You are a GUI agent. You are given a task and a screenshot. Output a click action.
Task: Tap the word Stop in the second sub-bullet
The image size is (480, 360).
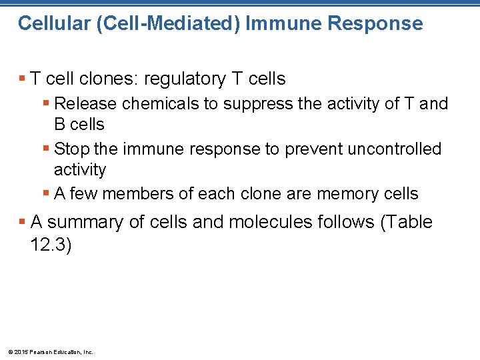pyautogui.click(x=71, y=149)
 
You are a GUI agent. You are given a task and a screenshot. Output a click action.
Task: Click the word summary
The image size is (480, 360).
pyautogui.click(x=85, y=222)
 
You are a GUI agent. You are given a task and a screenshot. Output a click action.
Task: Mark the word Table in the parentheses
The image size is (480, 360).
pyautogui.click(x=407, y=222)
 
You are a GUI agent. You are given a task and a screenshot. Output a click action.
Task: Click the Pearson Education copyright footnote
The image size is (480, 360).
pyautogui.click(x=50, y=351)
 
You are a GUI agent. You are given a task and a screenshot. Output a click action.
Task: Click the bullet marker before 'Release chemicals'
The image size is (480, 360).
pyautogui.click(x=45, y=104)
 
